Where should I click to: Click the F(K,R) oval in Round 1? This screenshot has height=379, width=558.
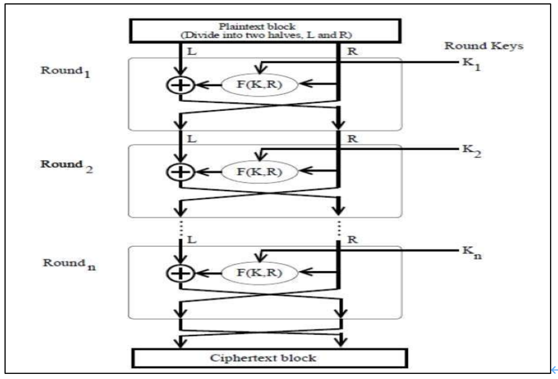(259, 84)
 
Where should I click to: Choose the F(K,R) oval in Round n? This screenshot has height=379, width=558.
(259, 273)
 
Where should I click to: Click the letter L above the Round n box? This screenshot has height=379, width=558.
(192, 240)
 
